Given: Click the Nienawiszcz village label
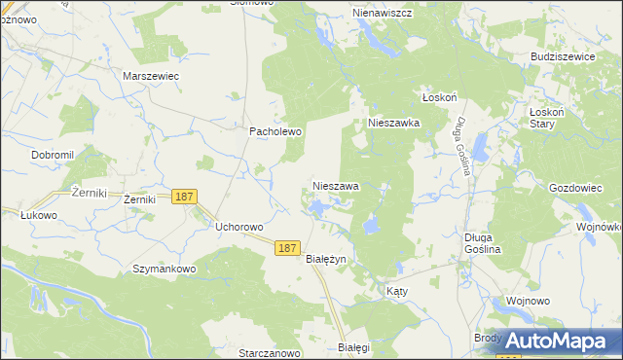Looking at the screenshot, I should pos(381,14).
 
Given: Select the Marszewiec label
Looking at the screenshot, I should pos(151,75).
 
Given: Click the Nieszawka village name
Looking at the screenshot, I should pos(393,124).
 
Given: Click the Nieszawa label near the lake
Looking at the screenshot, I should pos(336,185).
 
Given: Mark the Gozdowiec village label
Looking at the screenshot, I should pos(579,186).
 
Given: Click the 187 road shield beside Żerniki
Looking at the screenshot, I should pos(185,197).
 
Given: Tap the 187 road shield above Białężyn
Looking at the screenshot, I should pos(285,248).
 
